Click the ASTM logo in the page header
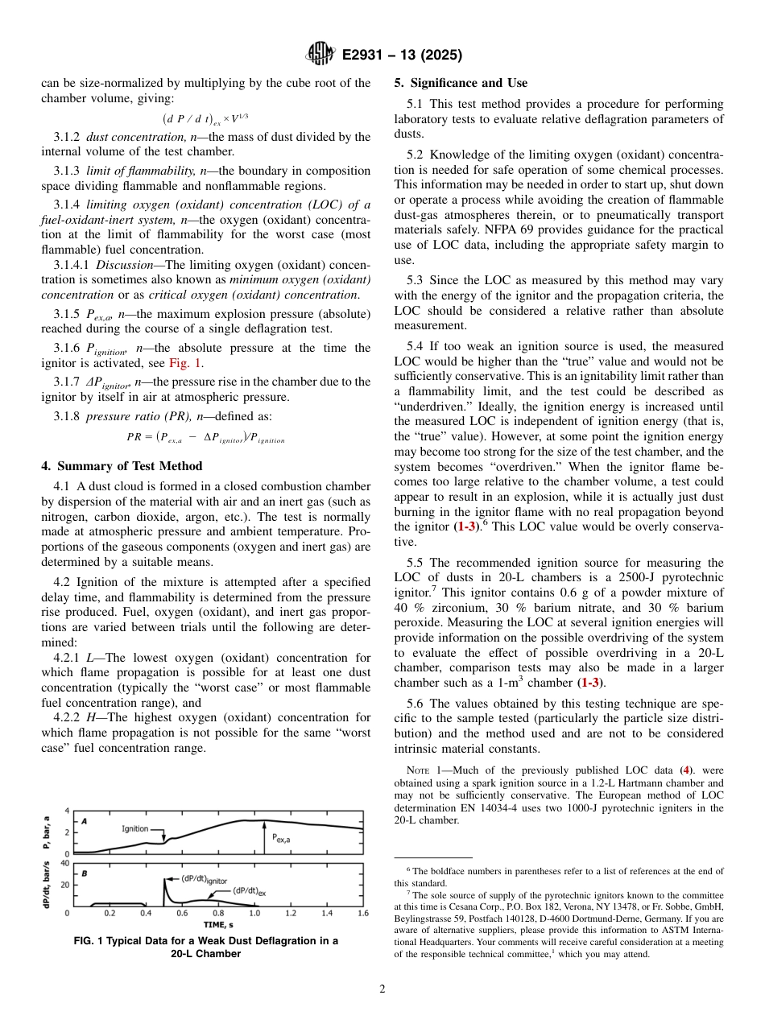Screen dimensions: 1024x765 coord(320,56)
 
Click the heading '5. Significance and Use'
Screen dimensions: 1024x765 coord(461,83)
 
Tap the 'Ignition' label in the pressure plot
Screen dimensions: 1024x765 coord(135,828)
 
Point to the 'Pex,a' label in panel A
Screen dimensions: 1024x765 coord(282,837)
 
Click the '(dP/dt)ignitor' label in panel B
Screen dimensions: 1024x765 coord(204,878)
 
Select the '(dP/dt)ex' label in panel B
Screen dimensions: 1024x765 coord(250,890)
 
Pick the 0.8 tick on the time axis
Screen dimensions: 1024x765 coord(218,914)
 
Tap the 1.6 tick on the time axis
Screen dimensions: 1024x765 coord(362,914)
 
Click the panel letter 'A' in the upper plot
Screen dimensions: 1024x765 coord(84,820)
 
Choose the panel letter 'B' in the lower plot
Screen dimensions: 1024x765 coord(84,872)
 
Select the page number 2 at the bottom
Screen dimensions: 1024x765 coord(382,989)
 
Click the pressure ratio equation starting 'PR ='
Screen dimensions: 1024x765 coord(205,439)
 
